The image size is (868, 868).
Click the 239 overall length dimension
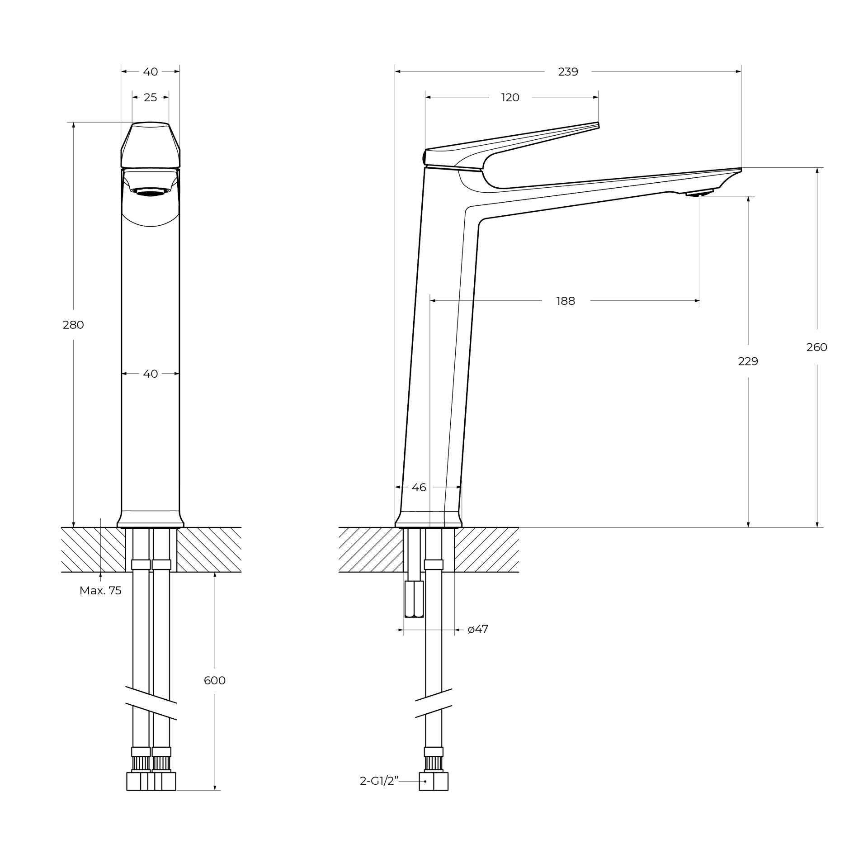point(568,72)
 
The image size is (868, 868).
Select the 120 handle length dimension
point(510,98)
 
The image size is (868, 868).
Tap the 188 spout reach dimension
point(566,301)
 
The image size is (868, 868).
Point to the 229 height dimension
point(748,361)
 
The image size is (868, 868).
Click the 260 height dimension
point(816,347)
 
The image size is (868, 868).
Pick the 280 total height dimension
point(73,325)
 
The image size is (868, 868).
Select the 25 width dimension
point(150,98)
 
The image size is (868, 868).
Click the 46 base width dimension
point(419,487)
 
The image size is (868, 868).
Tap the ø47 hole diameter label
point(478,629)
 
